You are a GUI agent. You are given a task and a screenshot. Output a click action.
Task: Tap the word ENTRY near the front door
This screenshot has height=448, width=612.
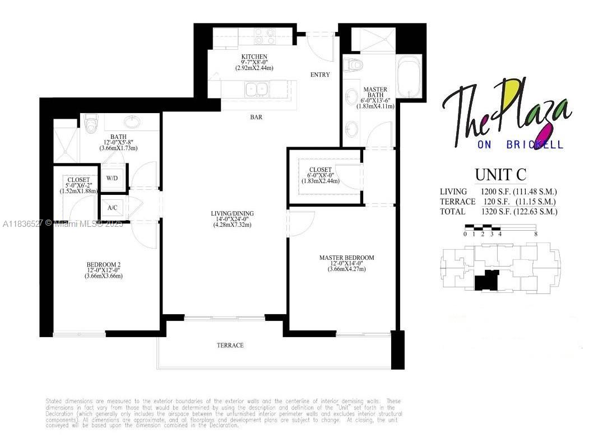pos(320,74)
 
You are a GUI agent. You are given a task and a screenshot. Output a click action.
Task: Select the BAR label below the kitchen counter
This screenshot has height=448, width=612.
pos(257,118)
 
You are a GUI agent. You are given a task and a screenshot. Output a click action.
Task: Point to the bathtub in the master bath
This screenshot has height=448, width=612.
pos(411,78)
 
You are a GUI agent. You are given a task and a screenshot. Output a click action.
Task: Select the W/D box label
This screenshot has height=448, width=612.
pos(112,178)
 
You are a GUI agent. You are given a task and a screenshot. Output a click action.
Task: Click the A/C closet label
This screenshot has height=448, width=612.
pos(112,207)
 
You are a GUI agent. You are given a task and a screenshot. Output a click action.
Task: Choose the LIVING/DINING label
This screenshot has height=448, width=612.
pos(232,213)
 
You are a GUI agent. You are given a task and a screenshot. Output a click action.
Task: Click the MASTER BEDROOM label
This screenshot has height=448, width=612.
pos(346,258)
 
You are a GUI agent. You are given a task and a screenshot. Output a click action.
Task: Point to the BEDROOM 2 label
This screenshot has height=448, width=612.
pos(104,264)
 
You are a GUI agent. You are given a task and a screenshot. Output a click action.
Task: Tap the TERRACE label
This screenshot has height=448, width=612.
pos(230,345)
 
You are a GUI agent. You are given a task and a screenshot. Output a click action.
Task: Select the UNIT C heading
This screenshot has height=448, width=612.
pos(500,174)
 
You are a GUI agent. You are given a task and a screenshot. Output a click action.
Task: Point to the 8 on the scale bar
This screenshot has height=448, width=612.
pos(536,234)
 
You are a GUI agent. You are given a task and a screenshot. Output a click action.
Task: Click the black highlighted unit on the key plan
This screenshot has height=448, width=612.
pos(486,280)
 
